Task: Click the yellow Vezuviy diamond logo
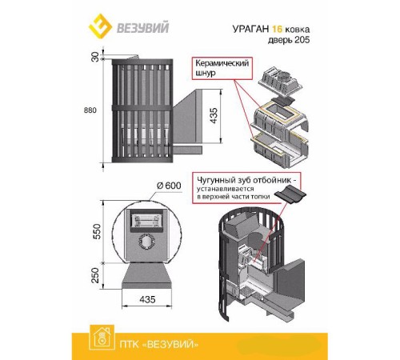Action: tap(100, 26)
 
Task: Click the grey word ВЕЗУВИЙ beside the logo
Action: tap(143, 27)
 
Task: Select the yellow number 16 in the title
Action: tap(277, 29)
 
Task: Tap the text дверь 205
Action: tap(289, 40)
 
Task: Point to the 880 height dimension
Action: tap(90, 110)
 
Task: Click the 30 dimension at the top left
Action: tap(95, 57)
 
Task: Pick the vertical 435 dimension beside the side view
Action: tap(214, 116)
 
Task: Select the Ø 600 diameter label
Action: tap(169, 186)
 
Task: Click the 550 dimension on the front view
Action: tap(97, 231)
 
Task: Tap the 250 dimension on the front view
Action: tap(95, 275)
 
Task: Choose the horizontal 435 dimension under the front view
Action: tap(147, 299)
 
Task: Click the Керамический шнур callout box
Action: tap(222, 68)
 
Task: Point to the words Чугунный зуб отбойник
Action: tap(246, 180)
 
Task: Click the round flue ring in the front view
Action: tap(146, 242)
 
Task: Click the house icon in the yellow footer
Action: tap(102, 338)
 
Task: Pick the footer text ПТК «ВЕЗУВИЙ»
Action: tap(159, 345)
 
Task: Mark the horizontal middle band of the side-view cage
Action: tap(142, 108)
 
